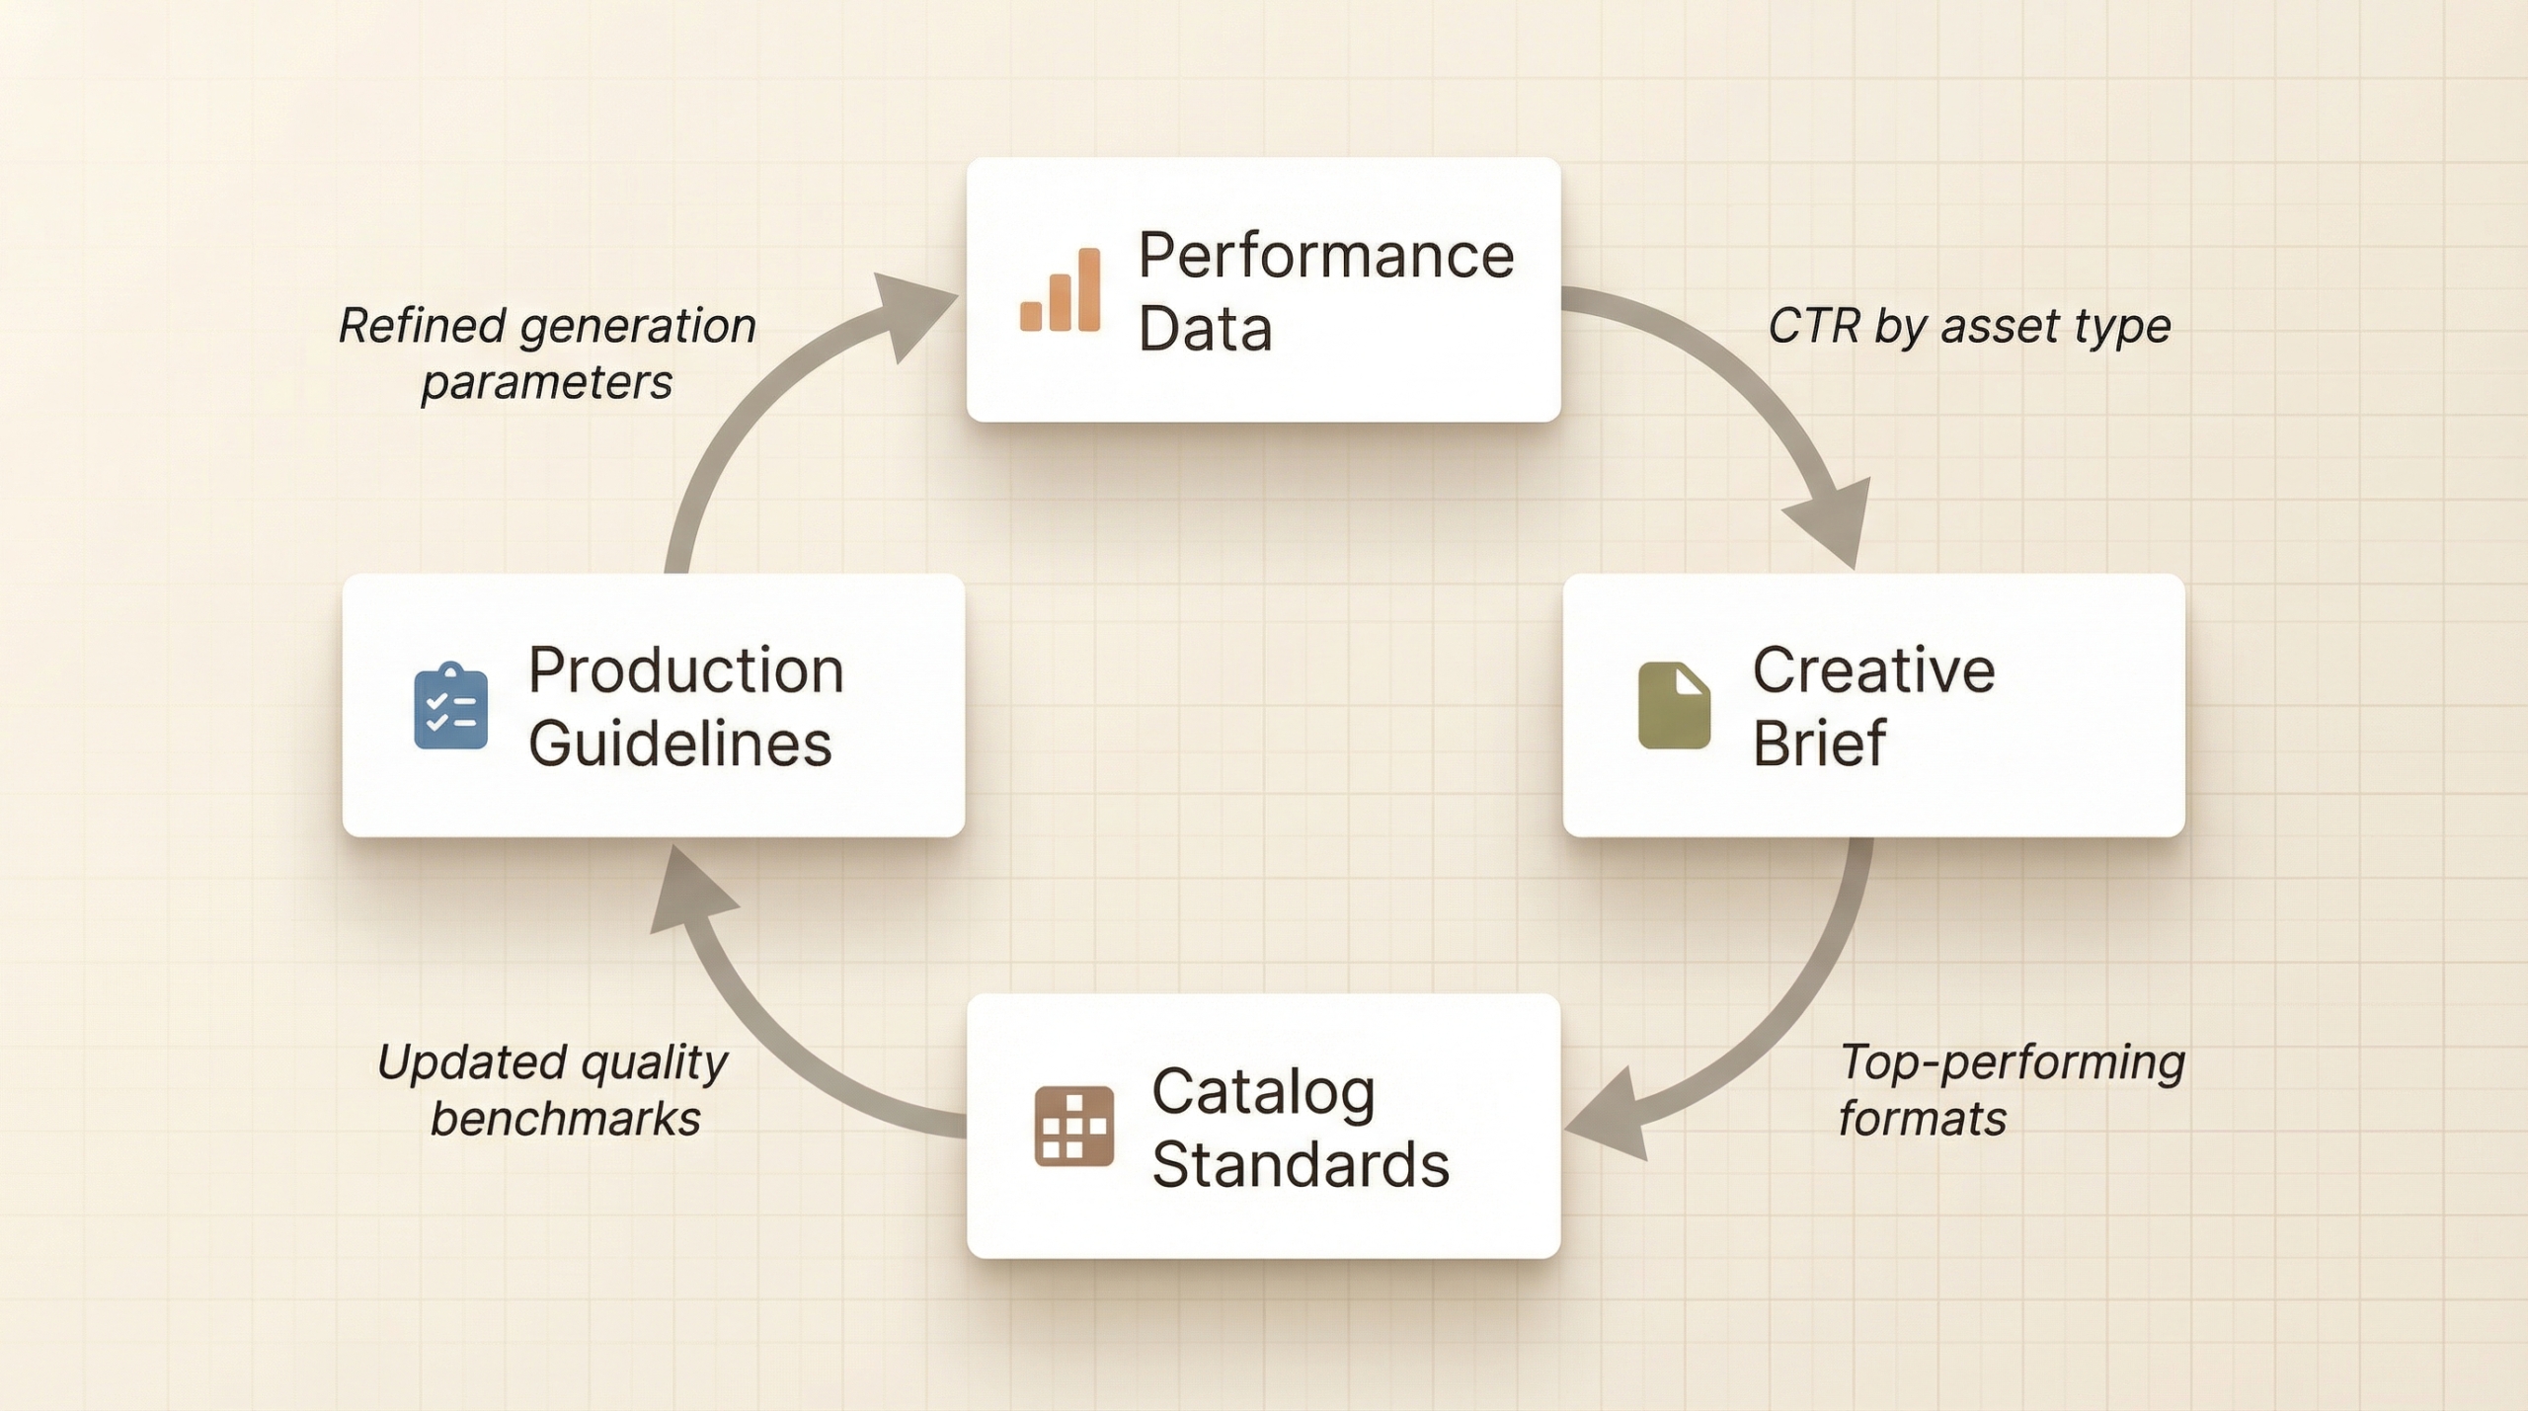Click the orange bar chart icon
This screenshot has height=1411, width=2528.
[1061, 290]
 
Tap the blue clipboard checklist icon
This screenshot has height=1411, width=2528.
[450, 707]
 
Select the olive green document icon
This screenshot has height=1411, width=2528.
[1674, 705]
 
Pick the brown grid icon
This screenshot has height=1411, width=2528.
[1073, 1127]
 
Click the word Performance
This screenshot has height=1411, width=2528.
[1325, 256]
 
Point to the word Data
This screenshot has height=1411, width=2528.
[1205, 329]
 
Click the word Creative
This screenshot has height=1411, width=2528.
[1873, 670]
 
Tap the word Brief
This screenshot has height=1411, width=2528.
[1819, 743]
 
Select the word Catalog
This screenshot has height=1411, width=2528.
[1263, 1092]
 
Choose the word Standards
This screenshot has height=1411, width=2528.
[1300, 1165]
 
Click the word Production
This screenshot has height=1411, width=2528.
[685, 670]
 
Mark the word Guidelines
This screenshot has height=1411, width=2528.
[679, 743]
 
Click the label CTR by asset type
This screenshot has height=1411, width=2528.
[1969, 326]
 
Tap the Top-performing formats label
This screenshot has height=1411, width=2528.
[2011, 1090]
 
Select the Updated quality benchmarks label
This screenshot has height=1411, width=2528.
[553, 1090]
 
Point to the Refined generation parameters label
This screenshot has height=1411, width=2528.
[547, 353]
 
